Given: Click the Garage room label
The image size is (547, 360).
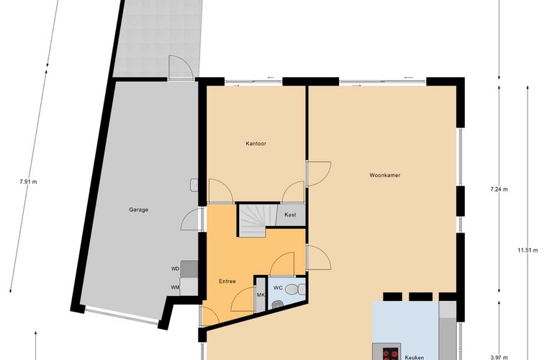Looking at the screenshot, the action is coord(138,210).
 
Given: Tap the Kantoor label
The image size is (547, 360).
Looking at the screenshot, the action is coord(256,143).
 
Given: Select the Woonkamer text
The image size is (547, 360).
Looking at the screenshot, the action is coord(385,175).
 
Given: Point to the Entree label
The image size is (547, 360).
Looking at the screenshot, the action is coord(227,282).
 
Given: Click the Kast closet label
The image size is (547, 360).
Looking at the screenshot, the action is coord(290,215).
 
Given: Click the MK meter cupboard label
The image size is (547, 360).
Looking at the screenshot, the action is coord(261,295).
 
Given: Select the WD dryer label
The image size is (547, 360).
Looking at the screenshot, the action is coord(175,269).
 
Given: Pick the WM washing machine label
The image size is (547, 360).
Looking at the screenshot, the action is coord(175,287).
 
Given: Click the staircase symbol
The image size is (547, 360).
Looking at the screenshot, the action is coord(253,220).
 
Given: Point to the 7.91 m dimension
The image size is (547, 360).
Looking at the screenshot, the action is coord(28,181).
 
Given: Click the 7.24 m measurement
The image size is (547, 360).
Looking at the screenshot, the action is coord(499,189).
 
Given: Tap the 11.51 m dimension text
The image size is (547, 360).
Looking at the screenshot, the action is coord(528,250).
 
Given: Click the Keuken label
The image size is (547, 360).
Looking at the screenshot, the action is coord(415,357).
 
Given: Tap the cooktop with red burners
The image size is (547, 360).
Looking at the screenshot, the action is coord(391,354).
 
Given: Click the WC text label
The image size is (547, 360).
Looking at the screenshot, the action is coord(278,288).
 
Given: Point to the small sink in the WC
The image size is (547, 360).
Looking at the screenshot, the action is coord(277,305).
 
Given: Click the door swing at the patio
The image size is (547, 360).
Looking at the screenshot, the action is coord(181,67).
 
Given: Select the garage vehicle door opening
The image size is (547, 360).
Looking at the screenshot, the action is coord(122,315).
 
